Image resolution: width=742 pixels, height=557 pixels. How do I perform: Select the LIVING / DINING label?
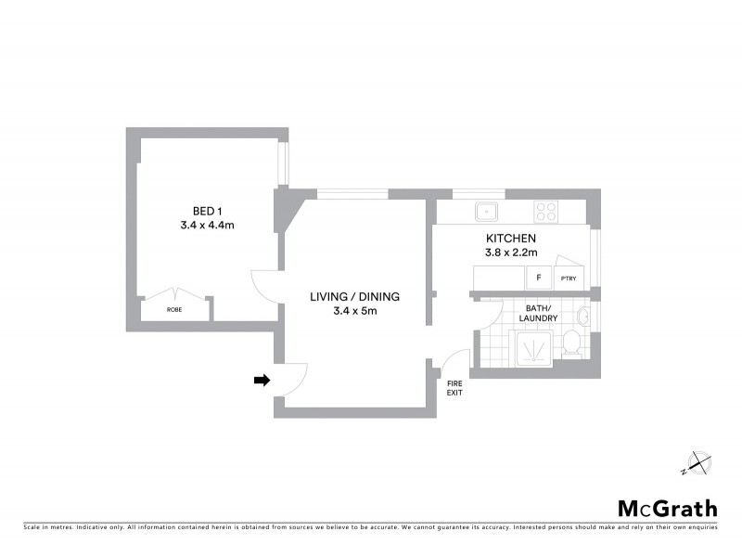[354, 297]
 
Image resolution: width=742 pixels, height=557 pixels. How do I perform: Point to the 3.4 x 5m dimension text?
[354, 312]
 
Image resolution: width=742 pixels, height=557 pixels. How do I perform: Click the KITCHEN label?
[512, 238]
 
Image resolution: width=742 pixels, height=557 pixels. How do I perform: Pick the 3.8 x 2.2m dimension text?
[512, 252]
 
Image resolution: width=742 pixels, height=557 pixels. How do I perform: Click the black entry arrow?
[262, 380]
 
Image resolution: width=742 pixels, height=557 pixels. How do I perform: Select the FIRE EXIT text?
[454, 388]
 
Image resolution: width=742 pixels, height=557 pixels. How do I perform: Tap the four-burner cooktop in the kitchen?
[545, 211]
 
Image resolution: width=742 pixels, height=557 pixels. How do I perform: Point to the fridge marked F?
[537, 278]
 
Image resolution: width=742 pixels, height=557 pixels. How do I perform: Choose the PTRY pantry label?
[567, 278]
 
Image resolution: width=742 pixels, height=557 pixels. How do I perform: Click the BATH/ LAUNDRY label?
[540, 313]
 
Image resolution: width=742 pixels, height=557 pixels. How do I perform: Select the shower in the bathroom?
[532, 351]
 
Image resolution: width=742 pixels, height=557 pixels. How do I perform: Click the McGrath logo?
[667, 508]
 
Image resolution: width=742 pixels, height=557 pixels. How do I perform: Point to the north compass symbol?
[697, 462]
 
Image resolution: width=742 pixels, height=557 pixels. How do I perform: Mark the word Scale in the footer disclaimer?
[32, 527]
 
